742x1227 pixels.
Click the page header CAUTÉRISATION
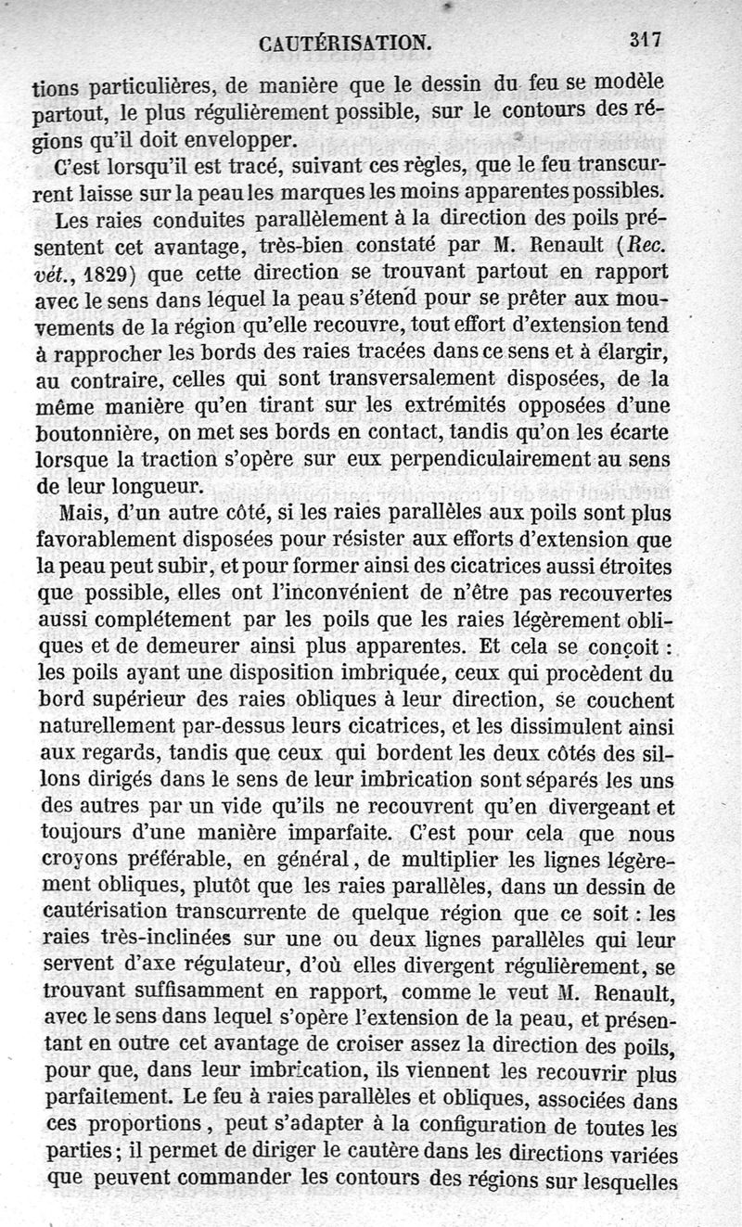click(344, 43)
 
